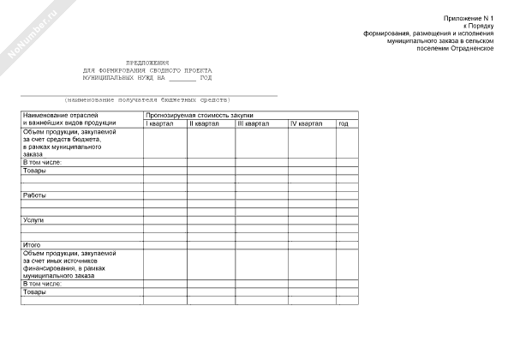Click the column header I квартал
159,124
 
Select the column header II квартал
204,124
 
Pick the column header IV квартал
306,124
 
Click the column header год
343,124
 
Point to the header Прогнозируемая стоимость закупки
199,115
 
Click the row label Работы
35,195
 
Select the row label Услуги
34,220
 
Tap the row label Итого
32,245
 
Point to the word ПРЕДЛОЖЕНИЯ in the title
148,63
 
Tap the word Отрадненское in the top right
476,47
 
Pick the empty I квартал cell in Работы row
164,195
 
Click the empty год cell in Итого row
347,245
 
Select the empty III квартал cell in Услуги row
260,220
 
